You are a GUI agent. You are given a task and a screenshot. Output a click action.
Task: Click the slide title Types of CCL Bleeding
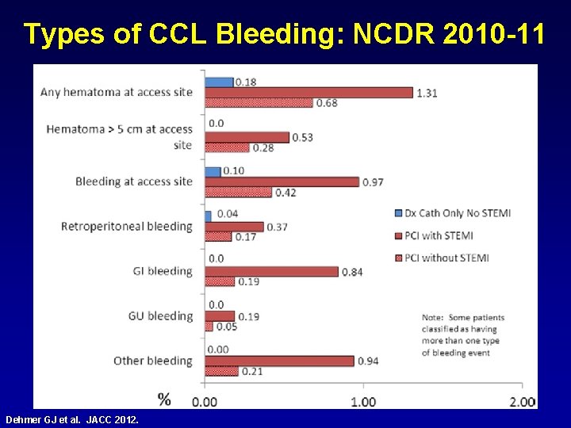pos(284,33)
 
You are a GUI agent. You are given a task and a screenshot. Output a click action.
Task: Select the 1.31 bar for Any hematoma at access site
pos(308,93)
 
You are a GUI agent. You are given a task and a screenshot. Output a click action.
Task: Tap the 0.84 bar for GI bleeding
pos(271,272)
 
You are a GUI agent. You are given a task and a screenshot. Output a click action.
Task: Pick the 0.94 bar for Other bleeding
pos(279,361)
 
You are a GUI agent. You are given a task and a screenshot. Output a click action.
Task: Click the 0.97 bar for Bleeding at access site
pos(282,182)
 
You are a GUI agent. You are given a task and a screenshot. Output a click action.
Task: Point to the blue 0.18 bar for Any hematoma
pos(219,82)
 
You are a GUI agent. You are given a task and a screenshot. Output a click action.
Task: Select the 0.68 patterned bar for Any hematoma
pos(259,103)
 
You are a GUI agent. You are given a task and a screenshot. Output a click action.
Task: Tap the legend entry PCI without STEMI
pos(446,258)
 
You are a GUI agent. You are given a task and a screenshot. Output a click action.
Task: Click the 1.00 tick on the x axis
pos(363,401)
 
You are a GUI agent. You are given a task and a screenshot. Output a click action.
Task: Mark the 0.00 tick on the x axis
pos(205,401)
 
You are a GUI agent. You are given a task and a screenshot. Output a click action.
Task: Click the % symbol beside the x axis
pos(164,399)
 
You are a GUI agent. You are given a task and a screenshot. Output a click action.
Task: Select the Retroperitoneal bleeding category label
pos(127,227)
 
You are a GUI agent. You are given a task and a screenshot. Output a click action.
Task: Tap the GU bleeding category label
pos(160,316)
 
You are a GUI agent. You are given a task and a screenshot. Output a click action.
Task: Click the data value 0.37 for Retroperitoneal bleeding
pos(277,227)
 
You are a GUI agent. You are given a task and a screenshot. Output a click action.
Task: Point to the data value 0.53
pos(302,138)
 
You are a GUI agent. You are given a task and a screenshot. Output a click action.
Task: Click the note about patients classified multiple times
pos(464,335)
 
